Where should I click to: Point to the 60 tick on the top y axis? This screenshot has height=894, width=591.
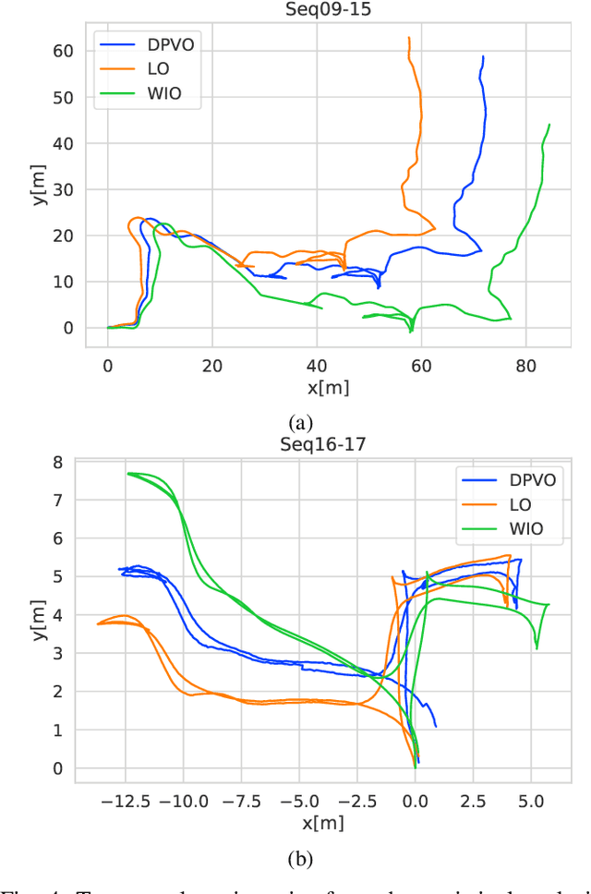click(x=63, y=52)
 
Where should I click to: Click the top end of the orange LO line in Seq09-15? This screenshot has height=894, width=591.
click(x=409, y=38)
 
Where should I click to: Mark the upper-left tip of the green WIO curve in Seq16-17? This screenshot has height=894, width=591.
click(x=128, y=473)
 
